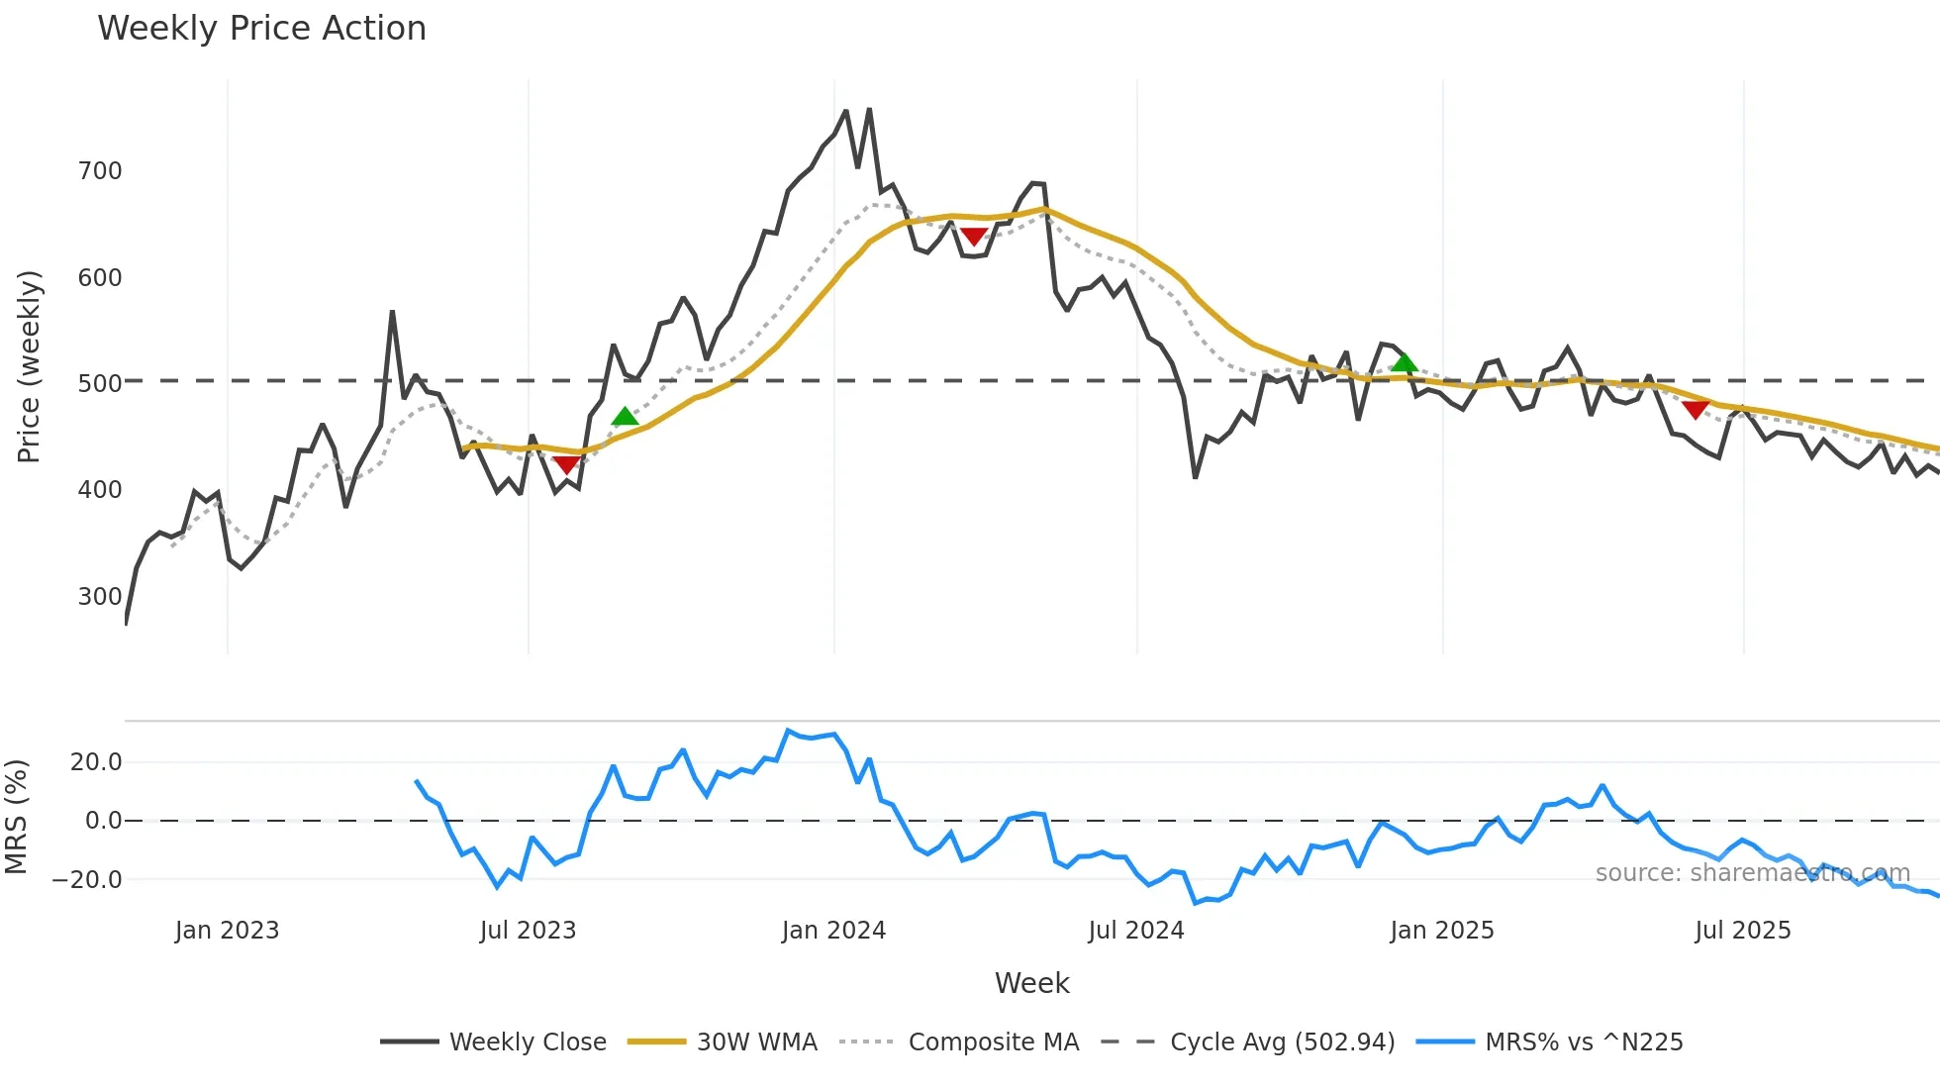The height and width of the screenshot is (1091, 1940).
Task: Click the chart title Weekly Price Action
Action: pyautogui.click(x=261, y=29)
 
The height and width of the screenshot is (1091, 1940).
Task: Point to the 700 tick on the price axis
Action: pyautogui.click(x=100, y=171)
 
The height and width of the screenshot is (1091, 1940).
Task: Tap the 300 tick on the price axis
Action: pyautogui.click(x=100, y=597)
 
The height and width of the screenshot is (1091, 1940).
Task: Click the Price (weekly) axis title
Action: pyautogui.click(x=30, y=366)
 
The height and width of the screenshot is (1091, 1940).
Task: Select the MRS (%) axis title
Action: pyautogui.click(x=17, y=817)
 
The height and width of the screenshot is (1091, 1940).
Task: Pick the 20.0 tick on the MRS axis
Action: pyautogui.click(x=96, y=762)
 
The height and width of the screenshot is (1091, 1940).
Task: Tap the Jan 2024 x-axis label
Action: pyautogui.click(x=833, y=931)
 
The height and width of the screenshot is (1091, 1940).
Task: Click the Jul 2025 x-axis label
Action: pyautogui.click(x=1743, y=931)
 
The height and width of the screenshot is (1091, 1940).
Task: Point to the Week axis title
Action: pyautogui.click(x=1031, y=983)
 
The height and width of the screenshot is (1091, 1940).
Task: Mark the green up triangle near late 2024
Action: pyautogui.click(x=1404, y=363)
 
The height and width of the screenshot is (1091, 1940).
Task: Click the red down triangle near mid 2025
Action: pyautogui.click(x=1696, y=409)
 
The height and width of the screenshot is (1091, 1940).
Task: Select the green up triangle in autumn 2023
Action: pyautogui.click(x=625, y=417)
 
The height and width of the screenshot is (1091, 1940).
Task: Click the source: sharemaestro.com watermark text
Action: pyautogui.click(x=1752, y=873)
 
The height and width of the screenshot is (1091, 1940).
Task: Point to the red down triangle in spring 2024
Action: pyautogui.click(x=974, y=237)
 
